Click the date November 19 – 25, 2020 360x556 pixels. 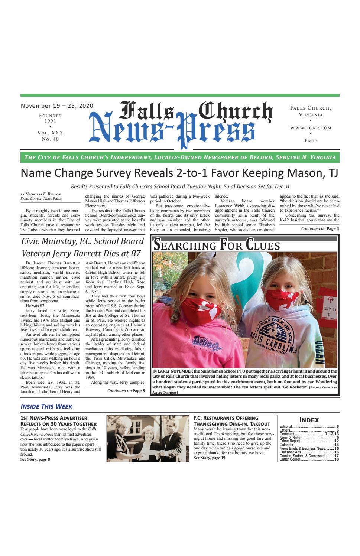pyautogui.click(x=57, y=105)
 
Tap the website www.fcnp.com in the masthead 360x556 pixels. pyautogui.click(x=311, y=128)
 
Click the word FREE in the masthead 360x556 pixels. pyautogui.click(x=311, y=141)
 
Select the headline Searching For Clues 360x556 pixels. pyautogui.click(x=217, y=246)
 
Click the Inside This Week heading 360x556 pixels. pyautogui.click(x=46, y=406)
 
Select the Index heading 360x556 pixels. pyautogui.click(x=309, y=420)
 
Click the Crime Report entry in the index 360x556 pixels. pyautogui.click(x=290, y=441)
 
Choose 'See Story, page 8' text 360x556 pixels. pyautogui.click(x=35, y=459)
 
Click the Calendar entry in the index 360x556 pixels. pyautogui.click(x=287, y=445)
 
